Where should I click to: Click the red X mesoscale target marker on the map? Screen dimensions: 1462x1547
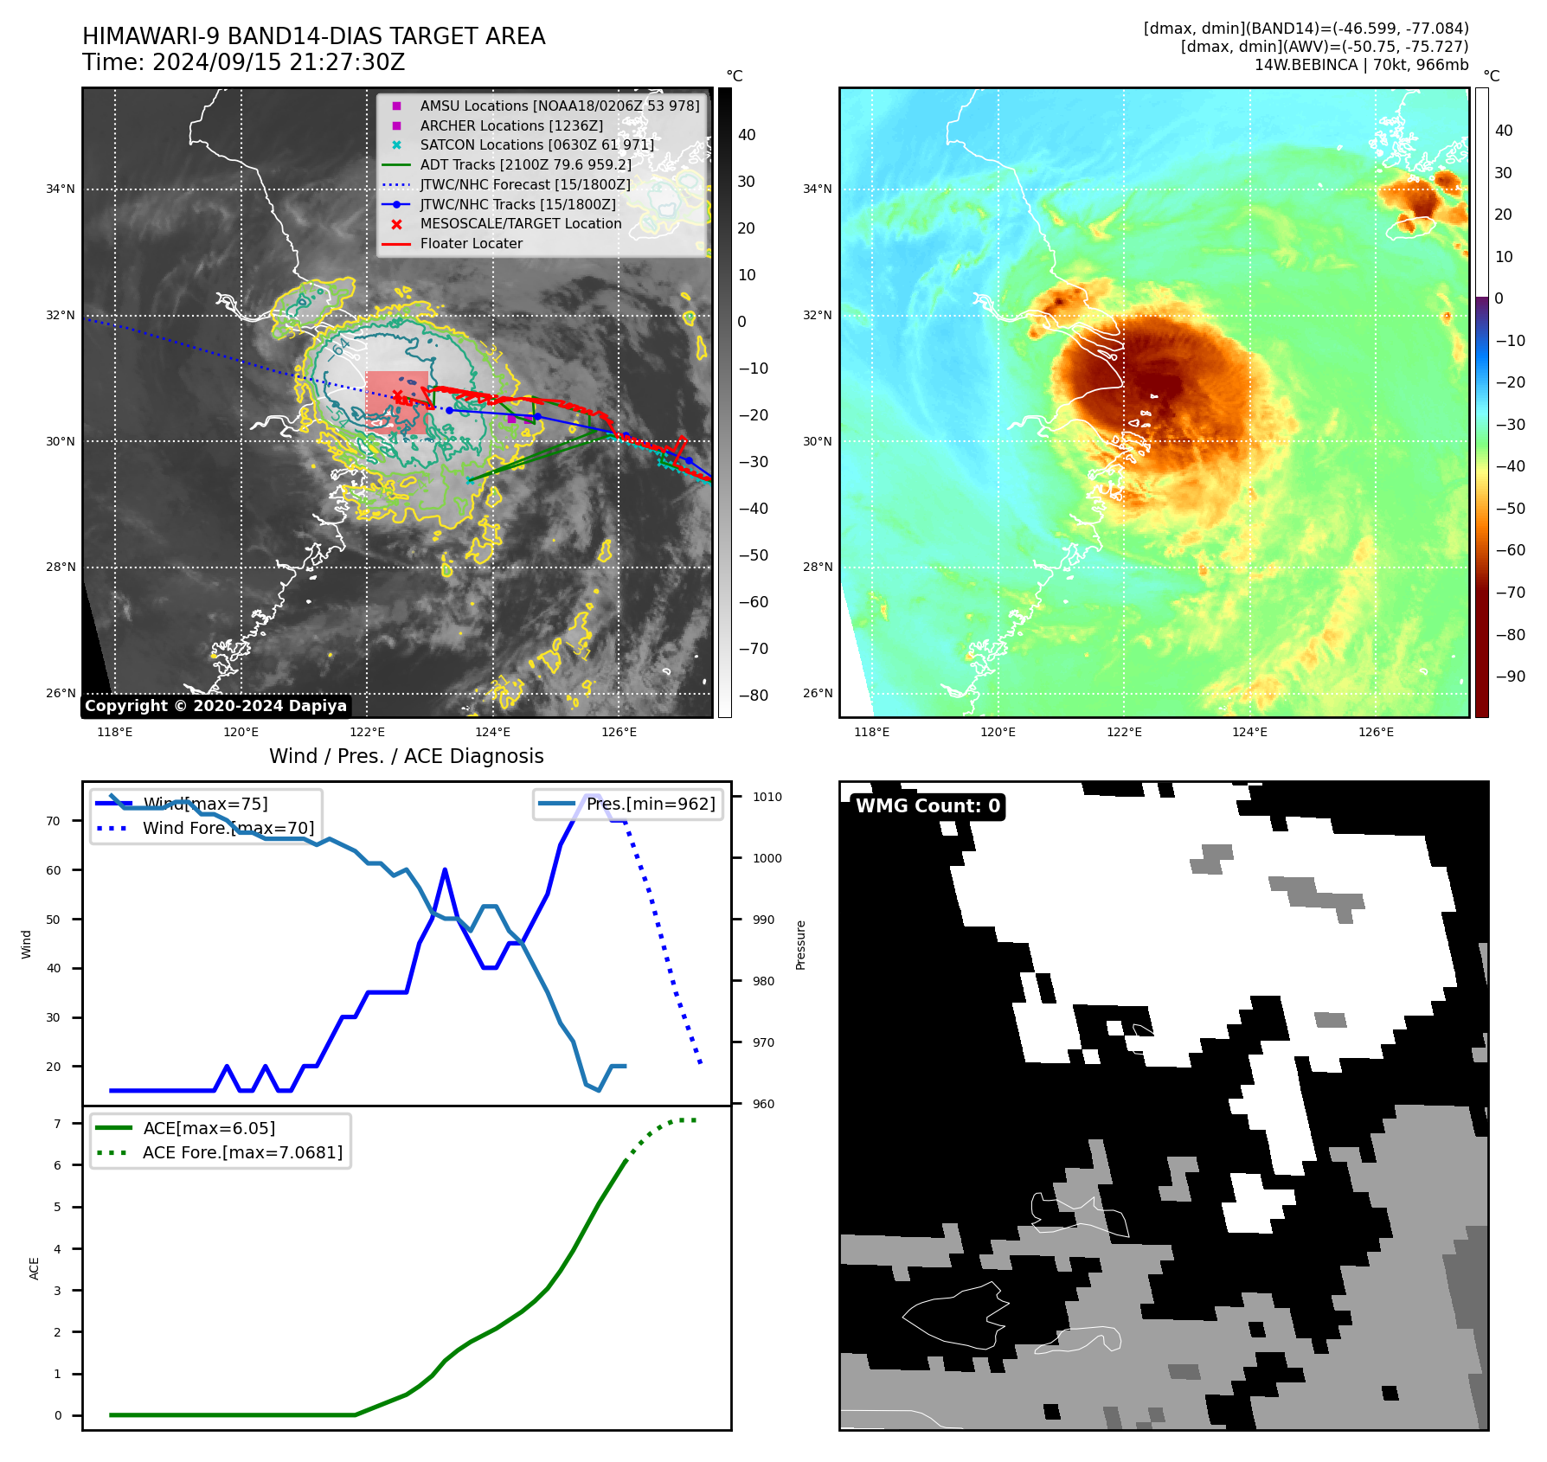(x=397, y=396)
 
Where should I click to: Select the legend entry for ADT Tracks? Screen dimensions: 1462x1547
(x=525, y=164)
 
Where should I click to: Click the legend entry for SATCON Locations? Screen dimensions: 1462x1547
(x=536, y=145)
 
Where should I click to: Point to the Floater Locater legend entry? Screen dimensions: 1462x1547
(x=471, y=244)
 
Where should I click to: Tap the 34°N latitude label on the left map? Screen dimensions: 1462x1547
(x=61, y=189)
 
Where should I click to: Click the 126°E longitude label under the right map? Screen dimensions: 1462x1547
(x=1376, y=732)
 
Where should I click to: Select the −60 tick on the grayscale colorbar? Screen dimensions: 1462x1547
(x=754, y=602)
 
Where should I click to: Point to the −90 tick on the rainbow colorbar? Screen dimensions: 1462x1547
(x=1510, y=676)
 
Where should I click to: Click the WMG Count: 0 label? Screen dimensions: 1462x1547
(x=928, y=806)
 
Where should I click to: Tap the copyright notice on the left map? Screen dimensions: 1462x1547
(x=215, y=706)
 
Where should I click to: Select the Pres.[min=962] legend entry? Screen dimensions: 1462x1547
(x=651, y=804)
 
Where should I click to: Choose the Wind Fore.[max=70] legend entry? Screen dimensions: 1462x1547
(x=228, y=828)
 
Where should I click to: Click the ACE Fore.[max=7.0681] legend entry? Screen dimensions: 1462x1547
(x=242, y=1152)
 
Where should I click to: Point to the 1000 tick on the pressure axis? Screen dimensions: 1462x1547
(x=767, y=858)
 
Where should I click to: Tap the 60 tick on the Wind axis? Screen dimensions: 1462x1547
(x=54, y=870)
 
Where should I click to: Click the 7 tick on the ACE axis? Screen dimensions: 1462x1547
(x=57, y=1124)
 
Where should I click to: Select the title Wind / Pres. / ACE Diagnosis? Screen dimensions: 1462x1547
(x=406, y=756)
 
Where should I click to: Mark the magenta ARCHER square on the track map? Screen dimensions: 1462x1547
(x=511, y=419)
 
